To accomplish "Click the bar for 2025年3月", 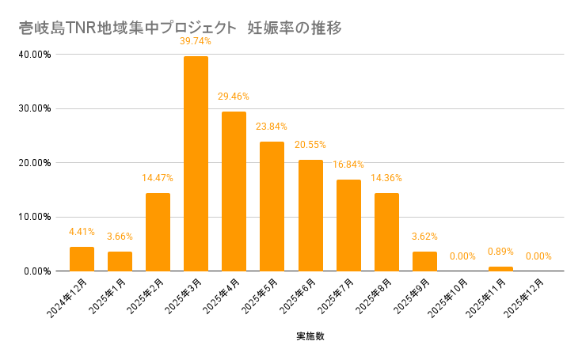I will (x=196, y=164).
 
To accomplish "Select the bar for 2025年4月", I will (x=234, y=191).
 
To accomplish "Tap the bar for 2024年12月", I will (x=82, y=259).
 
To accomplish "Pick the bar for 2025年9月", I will (x=424, y=261).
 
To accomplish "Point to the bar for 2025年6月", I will (x=310, y=215).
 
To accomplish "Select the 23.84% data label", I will (x=272, y=127).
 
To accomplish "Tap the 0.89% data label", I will (x=500, y=252).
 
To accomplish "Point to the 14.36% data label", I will (x=386, y=177).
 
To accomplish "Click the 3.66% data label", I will (x=120, y=237).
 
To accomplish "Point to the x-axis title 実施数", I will (x=310, y=336).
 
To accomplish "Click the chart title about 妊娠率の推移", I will (x=180, y=28).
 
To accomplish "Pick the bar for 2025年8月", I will (x=386, y=232).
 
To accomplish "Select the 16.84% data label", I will (x=348, y=165).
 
